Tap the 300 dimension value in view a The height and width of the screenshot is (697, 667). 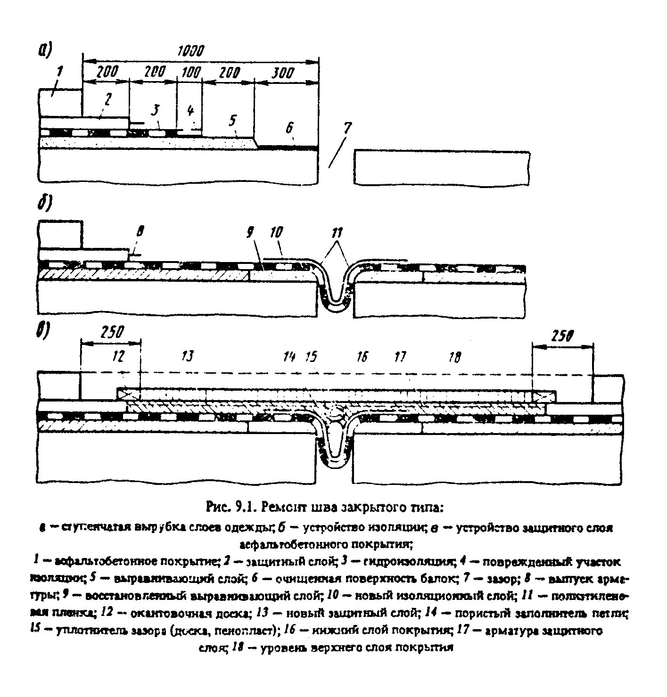[x=283, y=73]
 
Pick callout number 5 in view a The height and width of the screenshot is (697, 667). [x=232, y=120]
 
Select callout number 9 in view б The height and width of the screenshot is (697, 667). [x=249, y=231]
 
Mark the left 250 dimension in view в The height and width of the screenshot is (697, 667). [x=112, y=332]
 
